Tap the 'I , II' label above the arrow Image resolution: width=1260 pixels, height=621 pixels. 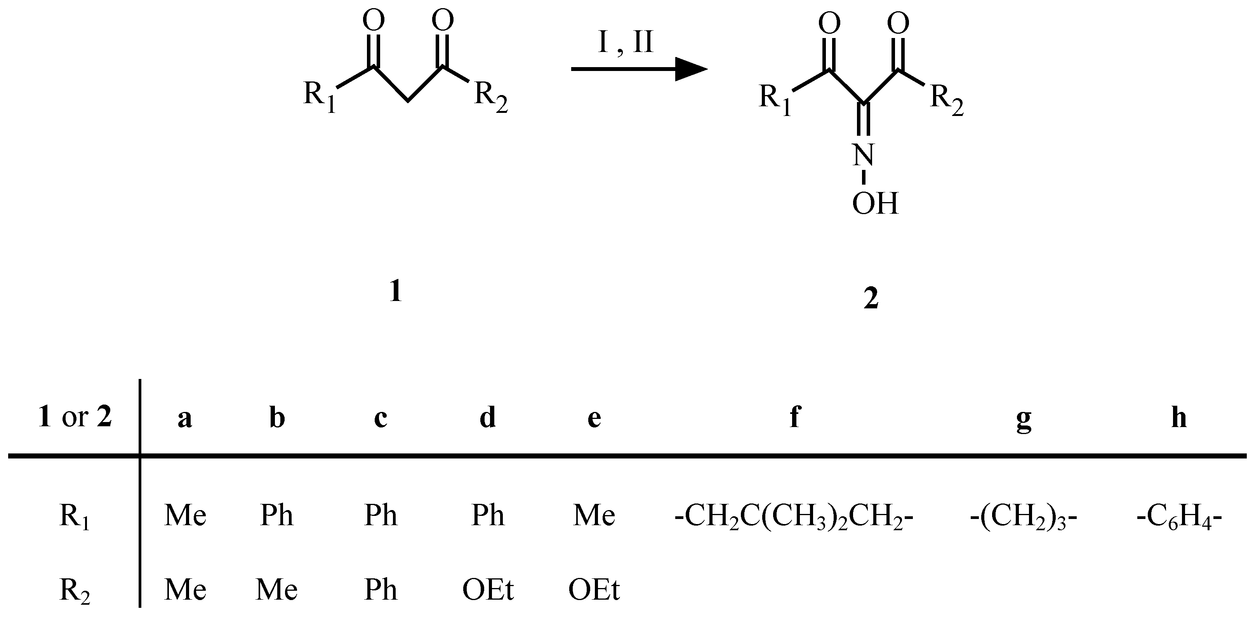click(x=626, y=43)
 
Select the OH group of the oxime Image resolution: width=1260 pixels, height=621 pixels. click(x=875, y=203)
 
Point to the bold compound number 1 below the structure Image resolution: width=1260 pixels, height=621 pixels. click(x=395, y=292)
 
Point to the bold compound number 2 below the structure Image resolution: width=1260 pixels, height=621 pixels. click(x=871, y=299)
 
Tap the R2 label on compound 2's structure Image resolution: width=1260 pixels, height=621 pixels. click(x=947, y=97)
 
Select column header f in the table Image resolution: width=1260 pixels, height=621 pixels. click(x=795, y=418)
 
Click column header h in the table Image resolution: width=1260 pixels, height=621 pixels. click(x=1179, y=418)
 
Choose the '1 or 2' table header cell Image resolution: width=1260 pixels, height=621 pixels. click(x=75, y=418)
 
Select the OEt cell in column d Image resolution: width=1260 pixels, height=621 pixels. click(x=488, y=590)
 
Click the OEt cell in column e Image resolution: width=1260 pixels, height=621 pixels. click(x=594, y=590)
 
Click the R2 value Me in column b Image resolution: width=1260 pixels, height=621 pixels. click(x=277, y=590)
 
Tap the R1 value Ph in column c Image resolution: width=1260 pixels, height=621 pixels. click(x=381, y=515)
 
